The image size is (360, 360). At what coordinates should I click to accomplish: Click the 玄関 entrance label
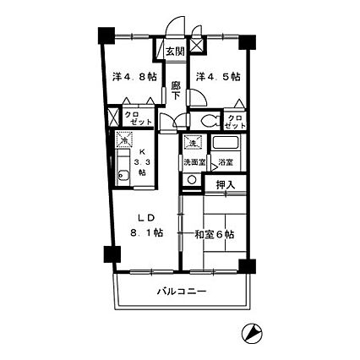point(174,52)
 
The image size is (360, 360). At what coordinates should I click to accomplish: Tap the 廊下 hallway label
point(174,90)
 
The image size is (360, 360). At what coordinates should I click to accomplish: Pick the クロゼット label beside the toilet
point(235,121)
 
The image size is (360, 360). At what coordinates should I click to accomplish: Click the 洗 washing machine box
point(193,144)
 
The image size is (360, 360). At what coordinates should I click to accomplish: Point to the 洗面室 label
point(194,161)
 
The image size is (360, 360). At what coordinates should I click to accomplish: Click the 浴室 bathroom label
point(226,161)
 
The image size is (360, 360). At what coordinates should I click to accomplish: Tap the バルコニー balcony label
point(181,292)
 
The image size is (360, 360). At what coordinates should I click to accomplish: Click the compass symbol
point(251,334)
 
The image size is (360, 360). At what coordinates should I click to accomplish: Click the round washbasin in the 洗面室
point(192,179)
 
